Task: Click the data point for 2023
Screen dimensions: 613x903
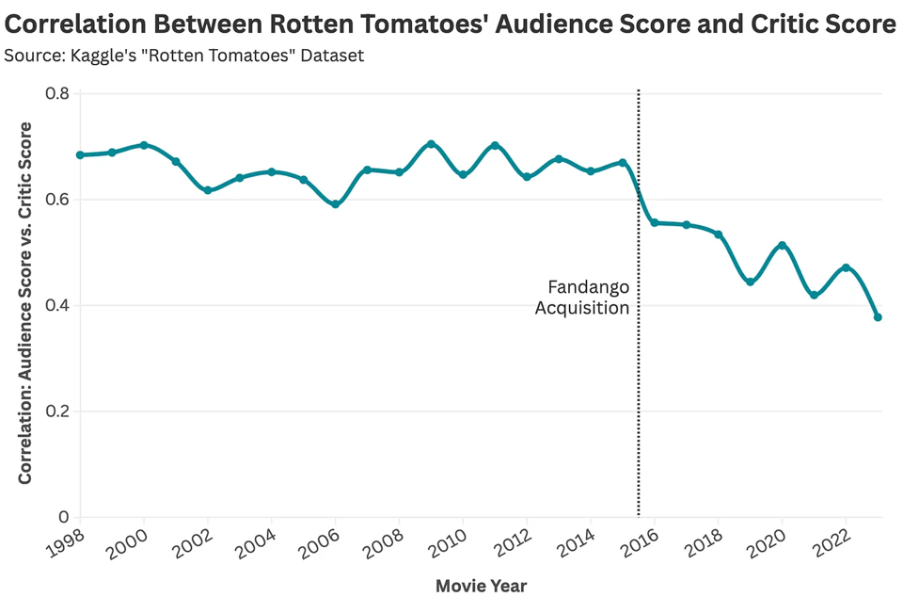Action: coord(878,317)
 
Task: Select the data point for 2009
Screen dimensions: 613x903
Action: coord(431,144)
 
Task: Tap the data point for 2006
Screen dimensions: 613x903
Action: coord(335,204)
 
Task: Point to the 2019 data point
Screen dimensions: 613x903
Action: coord(750,282)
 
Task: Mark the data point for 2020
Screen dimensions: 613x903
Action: coord(782,246)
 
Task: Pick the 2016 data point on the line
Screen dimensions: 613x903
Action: coord(654,223)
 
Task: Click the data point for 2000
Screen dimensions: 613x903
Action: coord(144,145)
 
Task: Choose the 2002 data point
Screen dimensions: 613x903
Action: coord(208,190)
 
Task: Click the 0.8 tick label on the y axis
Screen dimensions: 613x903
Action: coord(57,93)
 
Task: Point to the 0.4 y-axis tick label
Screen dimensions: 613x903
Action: coord(57,305)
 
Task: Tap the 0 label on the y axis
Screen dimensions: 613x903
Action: coord(64,517)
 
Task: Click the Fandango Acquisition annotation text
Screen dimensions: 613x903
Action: coord(582,298)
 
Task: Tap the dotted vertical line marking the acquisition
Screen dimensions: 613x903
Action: coord(639,377)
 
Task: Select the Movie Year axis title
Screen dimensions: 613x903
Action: coord(481,587)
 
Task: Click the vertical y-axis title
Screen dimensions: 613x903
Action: coord(25,303)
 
